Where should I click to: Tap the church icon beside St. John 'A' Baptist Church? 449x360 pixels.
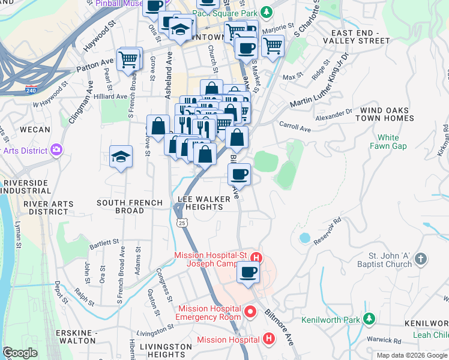[x=421, y=259]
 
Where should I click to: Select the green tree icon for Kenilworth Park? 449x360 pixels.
[x=370, y=319]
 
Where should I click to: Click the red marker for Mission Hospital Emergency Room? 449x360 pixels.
[x=251, y=312]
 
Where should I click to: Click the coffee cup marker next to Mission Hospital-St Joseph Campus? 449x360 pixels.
[x=247, y=273]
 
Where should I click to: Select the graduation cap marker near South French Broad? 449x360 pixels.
[x=121, y=157]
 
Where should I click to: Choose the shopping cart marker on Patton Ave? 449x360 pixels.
[x=128, y=60]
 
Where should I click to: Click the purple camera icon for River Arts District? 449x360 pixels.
[x=56, y=149]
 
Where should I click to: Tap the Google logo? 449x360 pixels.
[x=19, y=353]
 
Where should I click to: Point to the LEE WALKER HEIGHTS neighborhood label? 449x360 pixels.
[x=200, y=203]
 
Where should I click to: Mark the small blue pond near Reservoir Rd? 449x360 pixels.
[x=304, y=238]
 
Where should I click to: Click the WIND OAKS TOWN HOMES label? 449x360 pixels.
[x=385, y=115]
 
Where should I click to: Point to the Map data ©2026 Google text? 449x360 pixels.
[x=411, y=355]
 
